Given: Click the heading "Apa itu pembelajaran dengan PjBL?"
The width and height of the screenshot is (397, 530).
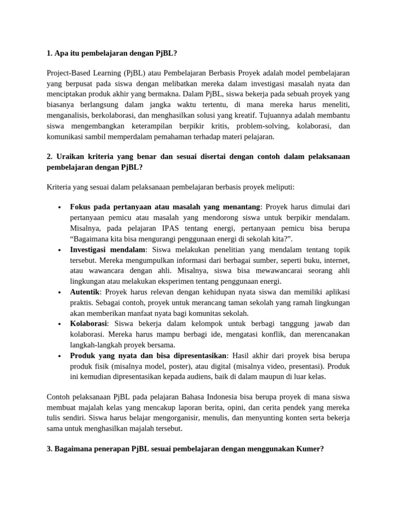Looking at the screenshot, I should (x=119, y=53).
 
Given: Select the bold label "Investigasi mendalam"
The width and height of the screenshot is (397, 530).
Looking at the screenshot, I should (x=108, y=249).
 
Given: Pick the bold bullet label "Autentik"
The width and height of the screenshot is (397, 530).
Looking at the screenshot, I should (x=85, y=291).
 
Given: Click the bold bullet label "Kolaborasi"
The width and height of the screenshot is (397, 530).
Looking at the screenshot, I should (x=89, y=323).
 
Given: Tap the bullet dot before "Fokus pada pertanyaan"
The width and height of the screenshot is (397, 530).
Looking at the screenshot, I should (x=60, y=208).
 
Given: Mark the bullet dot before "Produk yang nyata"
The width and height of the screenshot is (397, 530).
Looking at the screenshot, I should (x=60, y=356).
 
